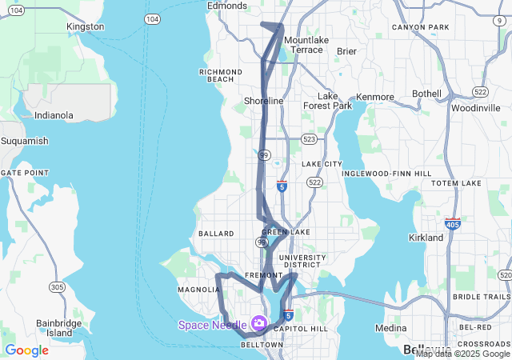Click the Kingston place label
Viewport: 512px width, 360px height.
click(x=86, y=26)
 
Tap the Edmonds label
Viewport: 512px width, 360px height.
click(x=227, y=6)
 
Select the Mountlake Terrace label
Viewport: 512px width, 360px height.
click(x=306, y=45)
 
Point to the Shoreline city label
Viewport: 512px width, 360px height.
click(x=264, y=102)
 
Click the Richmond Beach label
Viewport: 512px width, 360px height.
click(x=221, y=75)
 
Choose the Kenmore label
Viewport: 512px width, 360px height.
click(x=375, y=98)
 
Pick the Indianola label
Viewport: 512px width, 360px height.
click(x=54, y=115)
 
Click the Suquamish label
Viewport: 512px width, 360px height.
click(x=24, y=141)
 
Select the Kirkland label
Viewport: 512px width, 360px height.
click(x=426, y=238)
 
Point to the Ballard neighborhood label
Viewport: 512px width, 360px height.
click(x=215, y=234)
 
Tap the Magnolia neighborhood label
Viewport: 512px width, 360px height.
click(x=194, y=290)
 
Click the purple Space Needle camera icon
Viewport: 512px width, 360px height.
click(x=258, y=323)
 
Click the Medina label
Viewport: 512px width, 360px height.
click(x=391, y=328)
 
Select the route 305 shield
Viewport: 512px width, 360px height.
click(x=57, y=286)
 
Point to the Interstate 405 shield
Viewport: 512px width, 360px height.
click(x=453, y=225)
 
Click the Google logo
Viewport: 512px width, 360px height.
click(x=26, y=350)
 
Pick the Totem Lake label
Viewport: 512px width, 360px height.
click(x=456, y=183)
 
